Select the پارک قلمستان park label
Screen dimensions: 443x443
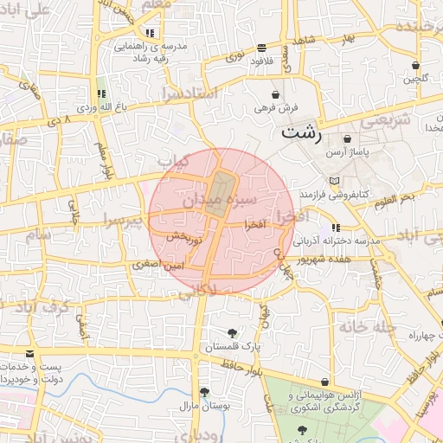[232, 347]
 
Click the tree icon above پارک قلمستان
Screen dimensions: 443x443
[232, 333]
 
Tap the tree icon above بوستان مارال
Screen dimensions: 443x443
[204, 391]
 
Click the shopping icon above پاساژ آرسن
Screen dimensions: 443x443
[347, 138]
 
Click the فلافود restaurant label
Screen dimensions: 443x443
[261, 61]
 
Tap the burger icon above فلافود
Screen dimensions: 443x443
[261, 48]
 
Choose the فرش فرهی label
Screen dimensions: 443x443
[275, 108]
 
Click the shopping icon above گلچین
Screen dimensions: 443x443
[415, 66]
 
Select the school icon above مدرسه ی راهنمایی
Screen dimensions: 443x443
[151, 33]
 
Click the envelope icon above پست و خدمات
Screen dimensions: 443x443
[30, 355]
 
